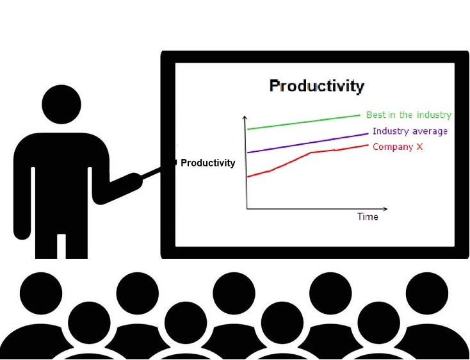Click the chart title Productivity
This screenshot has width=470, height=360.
[317, 86]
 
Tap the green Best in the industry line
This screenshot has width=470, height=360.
[304, 122]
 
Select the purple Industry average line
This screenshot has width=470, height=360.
[307, 143]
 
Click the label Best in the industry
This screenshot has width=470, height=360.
[409, 115]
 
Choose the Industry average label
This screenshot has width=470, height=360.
[410, 131]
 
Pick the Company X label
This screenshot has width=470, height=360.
[398, 147]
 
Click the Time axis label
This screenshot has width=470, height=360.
[368, 217]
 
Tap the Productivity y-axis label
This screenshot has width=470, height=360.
[207, 163]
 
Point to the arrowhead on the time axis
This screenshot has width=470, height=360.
[385, 209]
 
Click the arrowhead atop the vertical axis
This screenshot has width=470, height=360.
[245, 118]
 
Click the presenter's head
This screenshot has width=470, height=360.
[61, 104]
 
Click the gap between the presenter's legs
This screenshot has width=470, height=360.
[61, 246]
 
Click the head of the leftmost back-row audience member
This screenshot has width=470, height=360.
[41, 293]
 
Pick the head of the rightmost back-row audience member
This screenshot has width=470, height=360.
[427, 293]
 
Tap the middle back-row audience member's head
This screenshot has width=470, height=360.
[234, 293]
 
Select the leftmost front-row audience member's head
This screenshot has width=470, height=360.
[89, 323]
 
